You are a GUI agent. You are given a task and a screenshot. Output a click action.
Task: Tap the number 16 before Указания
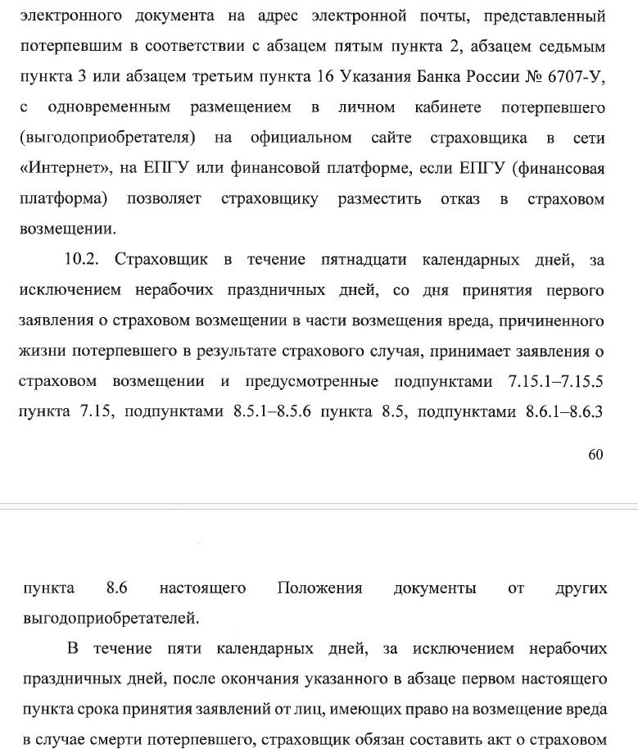point(323,76)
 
